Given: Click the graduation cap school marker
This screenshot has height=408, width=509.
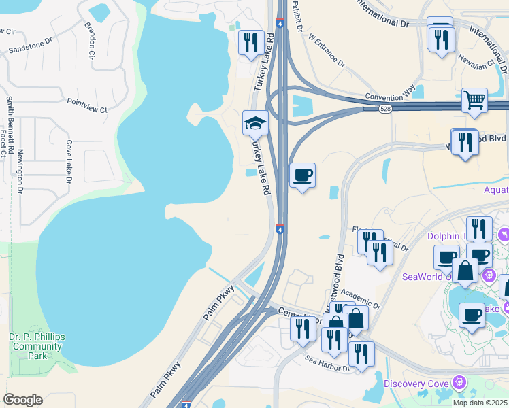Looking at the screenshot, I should pos(256,122).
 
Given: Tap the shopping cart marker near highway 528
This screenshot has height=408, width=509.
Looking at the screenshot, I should pos(474,100).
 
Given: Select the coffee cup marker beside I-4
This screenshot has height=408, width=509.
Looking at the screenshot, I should pos(302,175).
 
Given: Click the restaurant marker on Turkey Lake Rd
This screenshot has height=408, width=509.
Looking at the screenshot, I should pos(252,42).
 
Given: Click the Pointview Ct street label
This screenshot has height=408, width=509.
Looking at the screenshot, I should pos(87,105).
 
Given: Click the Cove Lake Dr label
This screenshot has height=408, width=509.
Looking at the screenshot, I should pos(69,163).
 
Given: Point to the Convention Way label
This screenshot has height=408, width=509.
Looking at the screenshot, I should pos(390,97).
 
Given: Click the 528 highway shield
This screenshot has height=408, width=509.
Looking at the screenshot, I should pos(385,109).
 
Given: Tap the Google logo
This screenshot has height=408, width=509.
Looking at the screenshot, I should pos(22,400).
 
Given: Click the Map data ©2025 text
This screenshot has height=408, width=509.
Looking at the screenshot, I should pos(480,403).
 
